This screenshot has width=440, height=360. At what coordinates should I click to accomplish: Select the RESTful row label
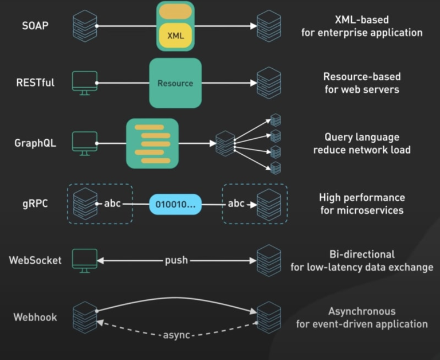point(36,83)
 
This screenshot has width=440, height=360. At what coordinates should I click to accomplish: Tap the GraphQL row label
point(36,143)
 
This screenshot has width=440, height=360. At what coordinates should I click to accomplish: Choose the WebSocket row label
point(35,260)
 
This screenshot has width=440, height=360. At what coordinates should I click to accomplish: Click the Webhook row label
point(36,317)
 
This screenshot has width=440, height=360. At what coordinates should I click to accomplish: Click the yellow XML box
point(175,36)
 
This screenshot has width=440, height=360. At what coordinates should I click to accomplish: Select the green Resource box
point(175,83)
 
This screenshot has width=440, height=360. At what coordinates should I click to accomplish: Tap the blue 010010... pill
point(175,204)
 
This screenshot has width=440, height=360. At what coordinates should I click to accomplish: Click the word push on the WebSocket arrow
point(176,260)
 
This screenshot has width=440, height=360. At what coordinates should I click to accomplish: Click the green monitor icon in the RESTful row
point(84,83)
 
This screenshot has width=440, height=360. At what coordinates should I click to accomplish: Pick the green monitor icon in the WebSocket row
point(84,260)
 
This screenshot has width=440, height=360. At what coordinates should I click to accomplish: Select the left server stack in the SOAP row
point(85,26)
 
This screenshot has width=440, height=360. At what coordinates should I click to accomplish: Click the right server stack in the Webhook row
point(269,317)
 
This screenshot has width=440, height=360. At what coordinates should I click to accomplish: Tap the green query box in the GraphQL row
point(152,143)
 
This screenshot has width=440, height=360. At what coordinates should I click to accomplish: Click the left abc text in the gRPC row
point(112,204)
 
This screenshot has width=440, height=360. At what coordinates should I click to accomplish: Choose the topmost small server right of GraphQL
point(276,120)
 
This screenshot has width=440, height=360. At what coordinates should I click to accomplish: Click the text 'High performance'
point(362,198)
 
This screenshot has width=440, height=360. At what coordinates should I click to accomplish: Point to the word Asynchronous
point(362,311)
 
